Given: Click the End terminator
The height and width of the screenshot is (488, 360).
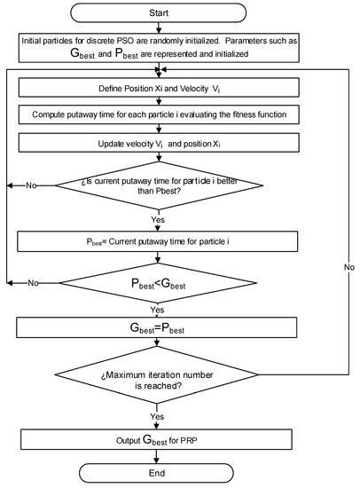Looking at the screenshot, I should [159, 474].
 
